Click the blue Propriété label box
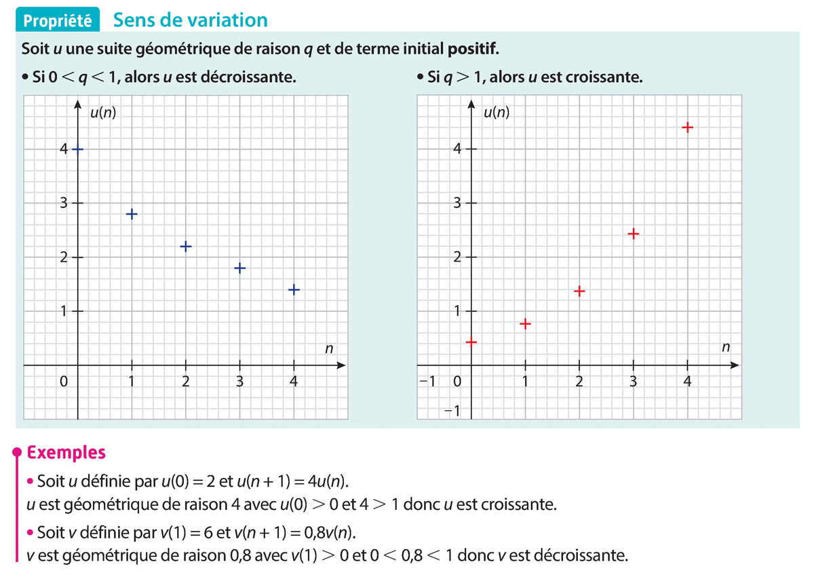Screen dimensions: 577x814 pos(58,21)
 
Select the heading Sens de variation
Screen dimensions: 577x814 pos(191,20)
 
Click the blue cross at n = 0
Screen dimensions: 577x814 pos(77,149)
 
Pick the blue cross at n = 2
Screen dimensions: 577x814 pos(186,246)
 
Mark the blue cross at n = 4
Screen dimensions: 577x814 pos(294,290)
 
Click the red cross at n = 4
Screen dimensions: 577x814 pos(687,127)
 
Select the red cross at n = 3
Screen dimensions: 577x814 pos(633,234)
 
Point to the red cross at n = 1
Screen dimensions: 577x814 pos(524,323)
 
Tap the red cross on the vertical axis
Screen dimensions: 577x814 pos(471,342)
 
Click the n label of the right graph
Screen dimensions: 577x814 pos(725,348)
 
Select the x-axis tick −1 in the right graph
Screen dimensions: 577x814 pos(427,382)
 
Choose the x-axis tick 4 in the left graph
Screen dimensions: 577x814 pos(293,382)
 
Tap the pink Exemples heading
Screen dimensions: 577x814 pos(65,452)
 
